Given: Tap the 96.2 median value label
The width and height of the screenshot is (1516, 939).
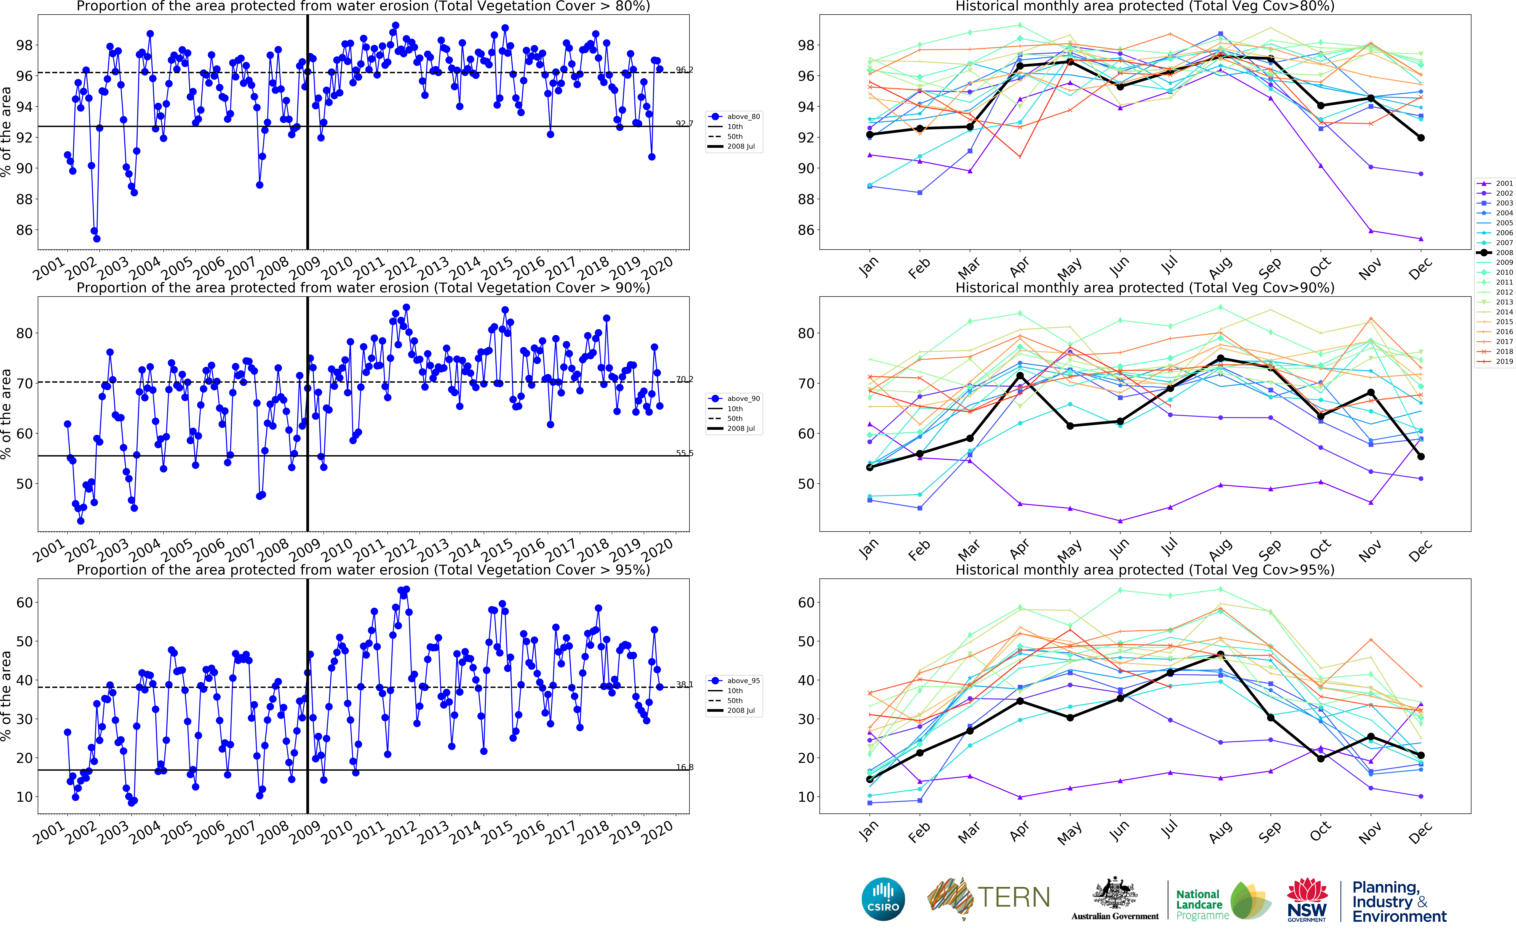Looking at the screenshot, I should pos(684,70).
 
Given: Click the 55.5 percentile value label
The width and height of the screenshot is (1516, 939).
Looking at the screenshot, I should pos(684,453).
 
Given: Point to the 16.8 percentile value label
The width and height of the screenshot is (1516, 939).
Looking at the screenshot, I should pos(684,767).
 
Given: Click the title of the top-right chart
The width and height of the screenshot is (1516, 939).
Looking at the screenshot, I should pos(1145,6).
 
